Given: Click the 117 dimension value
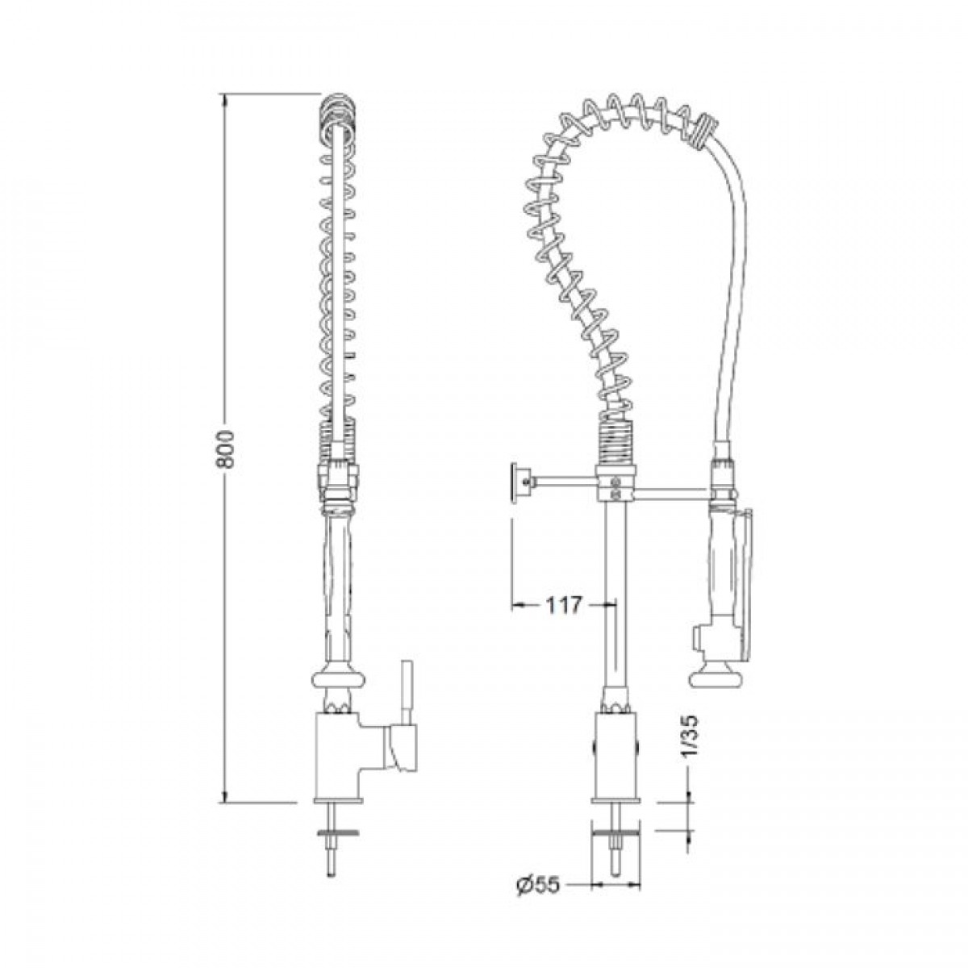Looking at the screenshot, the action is click(x=562, y=606).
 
